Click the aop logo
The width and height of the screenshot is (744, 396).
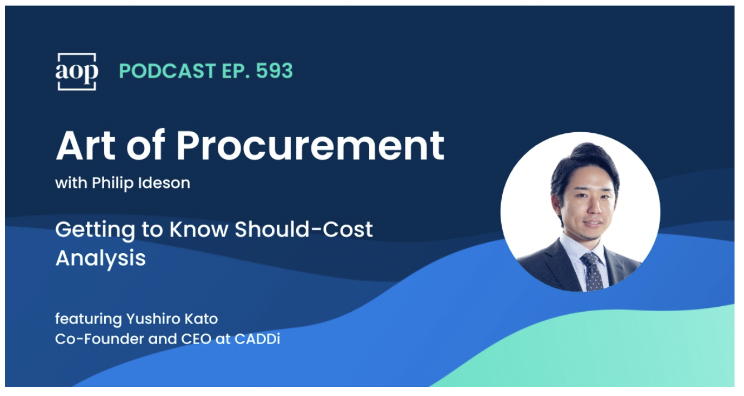[x=77, y=71]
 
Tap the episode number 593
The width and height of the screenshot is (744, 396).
[x=275, y=71]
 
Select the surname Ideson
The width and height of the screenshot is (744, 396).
[x=164, y=183]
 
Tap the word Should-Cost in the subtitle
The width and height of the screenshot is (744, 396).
[x=304, y=229]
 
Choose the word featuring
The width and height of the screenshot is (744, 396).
[x=89, y=319]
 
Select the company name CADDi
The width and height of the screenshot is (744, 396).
[x=257, y=339]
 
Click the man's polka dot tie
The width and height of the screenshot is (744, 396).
[x=592, y=271]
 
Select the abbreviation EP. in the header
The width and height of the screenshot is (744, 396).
[x=236, y=71]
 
